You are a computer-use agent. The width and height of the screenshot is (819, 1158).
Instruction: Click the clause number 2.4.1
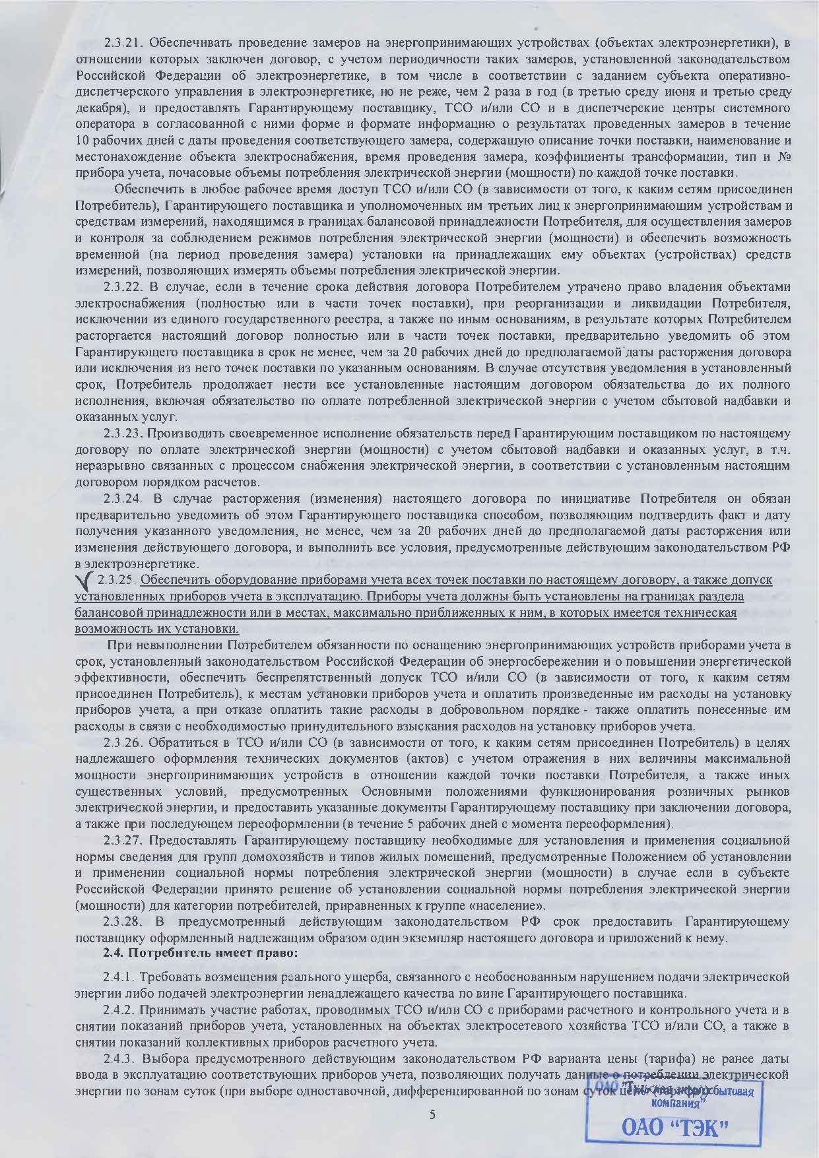(x=120, y=976)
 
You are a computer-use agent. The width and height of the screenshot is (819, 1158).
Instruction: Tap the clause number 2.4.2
(x=120, y=1010)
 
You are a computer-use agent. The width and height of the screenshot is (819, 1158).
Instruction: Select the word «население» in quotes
(x=511, y=904)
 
